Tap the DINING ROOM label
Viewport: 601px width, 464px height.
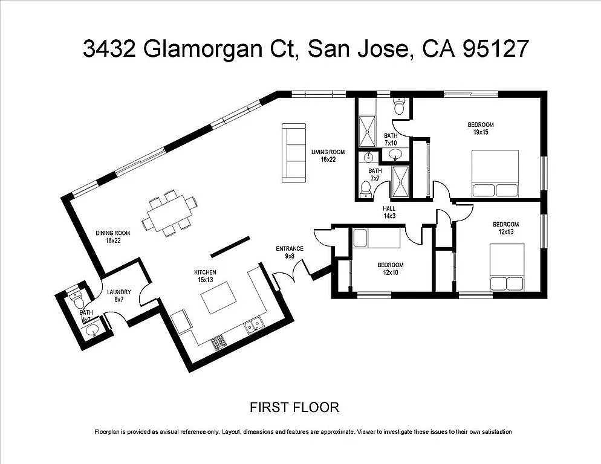pos(113,237)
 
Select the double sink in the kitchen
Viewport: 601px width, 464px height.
pos(253,326)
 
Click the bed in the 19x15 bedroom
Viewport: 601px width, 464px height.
pos(495,174)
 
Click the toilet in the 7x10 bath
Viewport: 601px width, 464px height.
pos(398,107)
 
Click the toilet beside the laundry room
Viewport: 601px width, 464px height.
pos(75,297)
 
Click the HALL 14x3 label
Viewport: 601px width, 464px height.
pos(389,211)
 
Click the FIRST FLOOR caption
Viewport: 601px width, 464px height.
pos(294,407)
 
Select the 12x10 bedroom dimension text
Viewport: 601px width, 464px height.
pos(391,272)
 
